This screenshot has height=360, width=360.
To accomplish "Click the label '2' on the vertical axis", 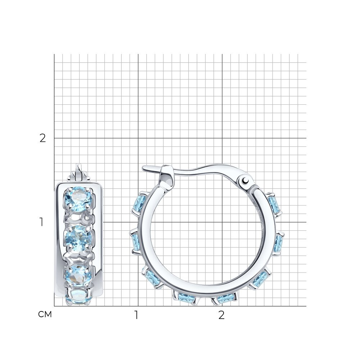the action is pos(43,138).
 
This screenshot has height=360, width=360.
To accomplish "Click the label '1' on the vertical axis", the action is pos(41,222).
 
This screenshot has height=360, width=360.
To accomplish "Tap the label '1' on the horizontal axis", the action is pos(136,315).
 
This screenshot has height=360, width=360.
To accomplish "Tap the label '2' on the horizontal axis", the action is pos(221,315).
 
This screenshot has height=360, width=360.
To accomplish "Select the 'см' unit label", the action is pos(45,314).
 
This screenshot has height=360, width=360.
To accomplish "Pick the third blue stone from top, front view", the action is pos(78,275).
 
